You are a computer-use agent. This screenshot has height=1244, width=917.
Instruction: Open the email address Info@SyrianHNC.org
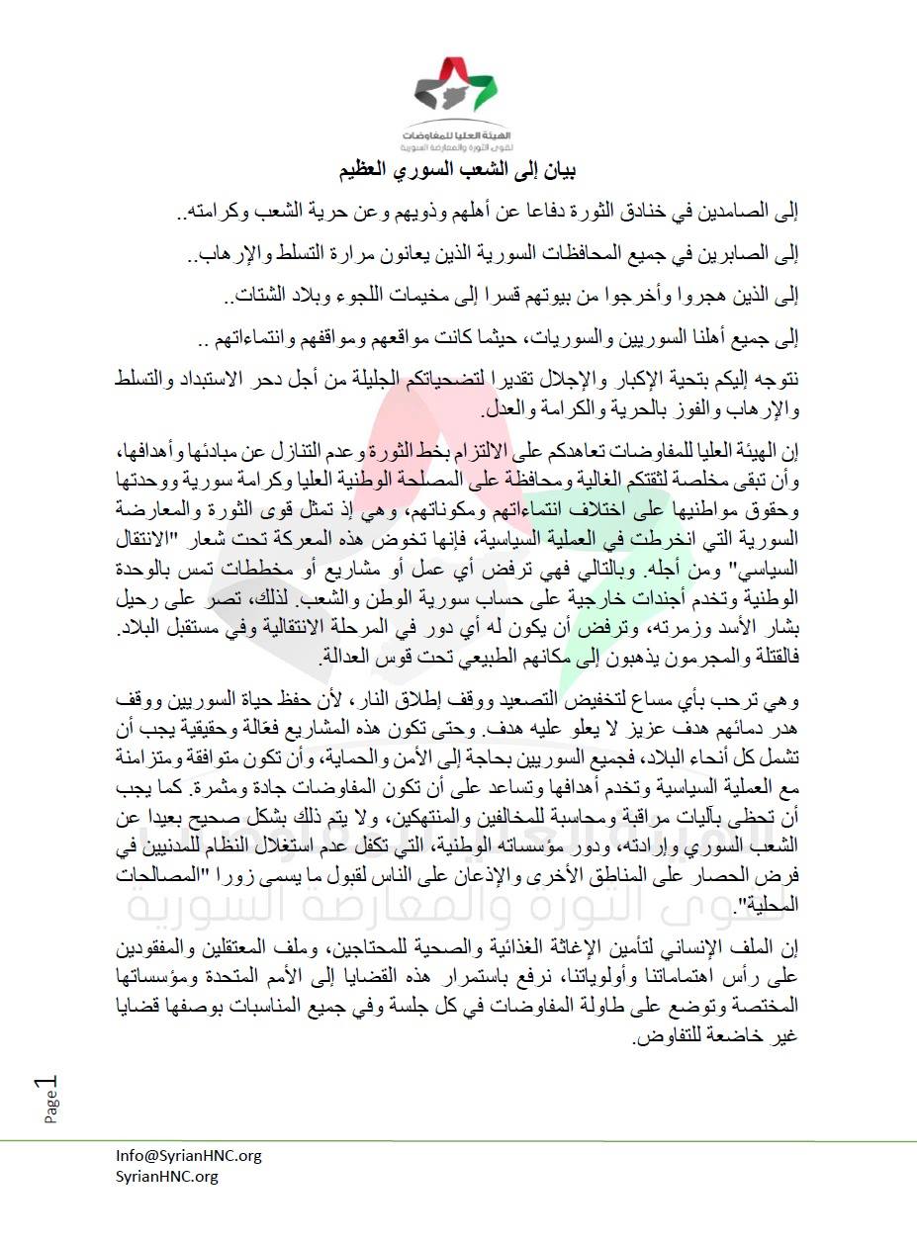click(188, 1155)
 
